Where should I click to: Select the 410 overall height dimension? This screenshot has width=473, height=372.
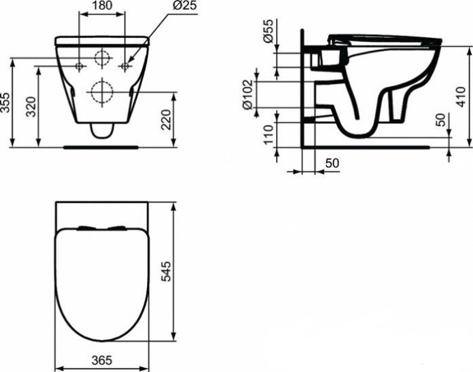point(460,96)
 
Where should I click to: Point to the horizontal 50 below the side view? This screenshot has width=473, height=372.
point(332,164)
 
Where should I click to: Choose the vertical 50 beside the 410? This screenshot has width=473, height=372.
point(441,120)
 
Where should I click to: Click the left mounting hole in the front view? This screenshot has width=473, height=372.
point(80,65)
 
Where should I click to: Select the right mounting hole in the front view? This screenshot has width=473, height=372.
point(125,65)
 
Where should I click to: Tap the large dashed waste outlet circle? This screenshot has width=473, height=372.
point(102,92)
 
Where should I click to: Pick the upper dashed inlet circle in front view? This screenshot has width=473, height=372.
point(102,58)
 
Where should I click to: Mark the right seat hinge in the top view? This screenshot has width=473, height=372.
point(118,227)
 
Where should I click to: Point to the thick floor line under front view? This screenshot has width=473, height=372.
point(102,145)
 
